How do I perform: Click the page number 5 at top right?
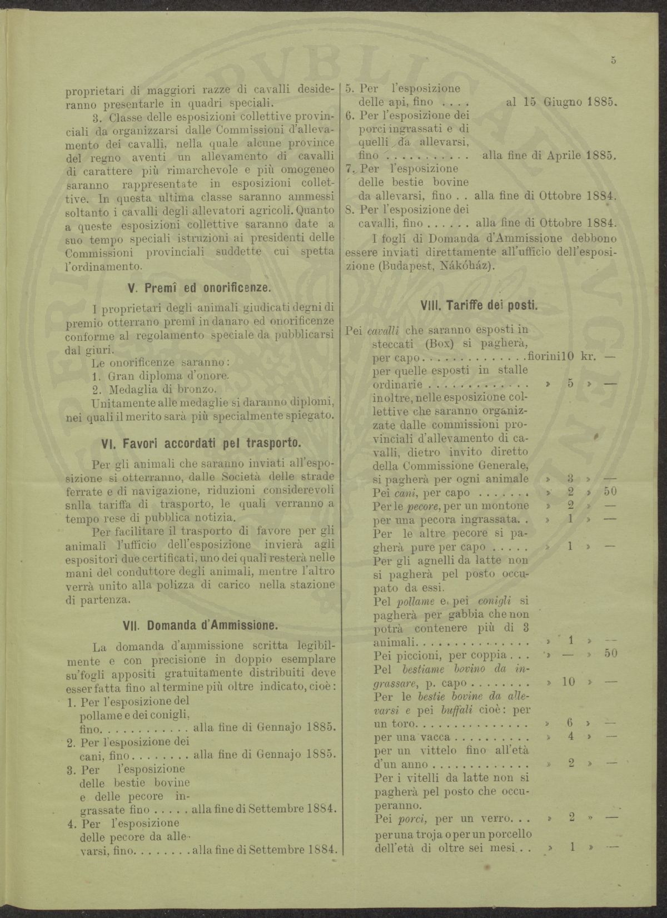point(613,61)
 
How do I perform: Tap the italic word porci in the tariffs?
point(412,819)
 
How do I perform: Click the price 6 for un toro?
point(570,725)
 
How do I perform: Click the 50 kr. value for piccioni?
point(610,654)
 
